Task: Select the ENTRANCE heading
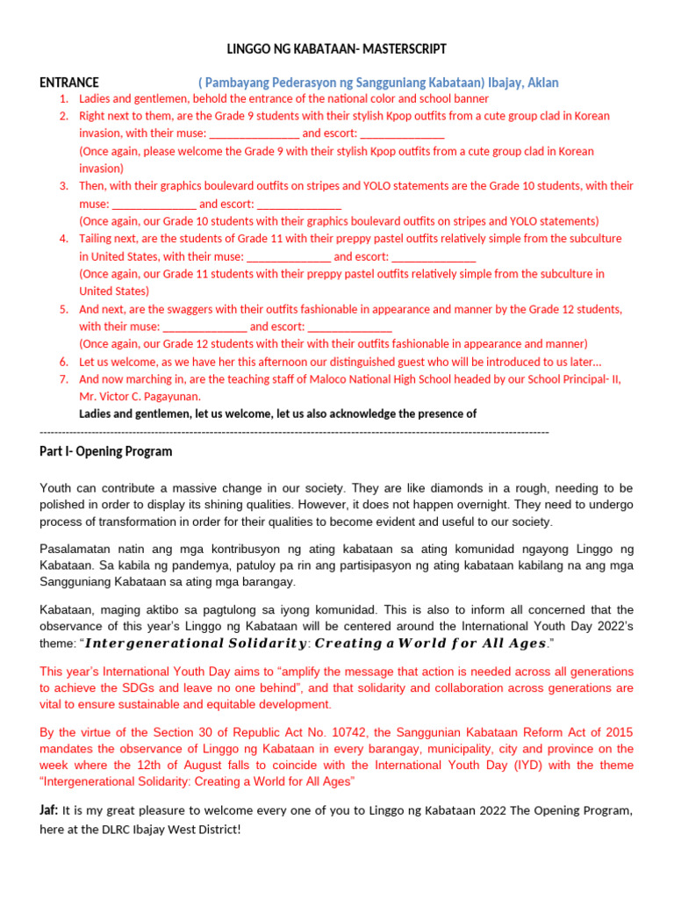click(x=69, y=83)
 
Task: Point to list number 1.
click(x=64, y=99)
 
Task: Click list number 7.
click(x=64, y=379)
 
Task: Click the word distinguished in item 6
click(x=383, y=362)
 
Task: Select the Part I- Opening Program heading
click(x=106, y=452)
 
